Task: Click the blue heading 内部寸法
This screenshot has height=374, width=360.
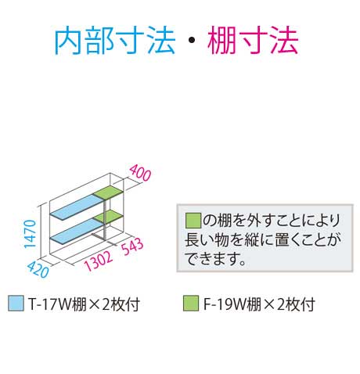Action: (114, 41)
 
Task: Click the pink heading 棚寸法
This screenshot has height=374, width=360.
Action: (253, 41)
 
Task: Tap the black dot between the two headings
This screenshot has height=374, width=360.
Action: (191, 41)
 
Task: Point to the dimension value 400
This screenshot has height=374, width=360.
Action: (140, 172)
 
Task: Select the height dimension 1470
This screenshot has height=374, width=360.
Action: (30, 234)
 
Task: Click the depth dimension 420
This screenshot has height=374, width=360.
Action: (38, 269)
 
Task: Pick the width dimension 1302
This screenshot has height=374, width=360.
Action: (98, 261)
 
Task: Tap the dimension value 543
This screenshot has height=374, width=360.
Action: (132, 246)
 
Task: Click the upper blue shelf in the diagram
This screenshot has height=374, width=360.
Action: (77, 207)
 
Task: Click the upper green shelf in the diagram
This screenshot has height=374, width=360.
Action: (108, 192)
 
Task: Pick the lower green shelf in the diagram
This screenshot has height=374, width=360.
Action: (108, 216)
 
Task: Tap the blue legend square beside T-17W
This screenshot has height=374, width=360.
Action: (16, 303)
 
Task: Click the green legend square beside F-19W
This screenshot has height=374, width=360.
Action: (191, 303)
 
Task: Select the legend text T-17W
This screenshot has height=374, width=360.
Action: (49, 304)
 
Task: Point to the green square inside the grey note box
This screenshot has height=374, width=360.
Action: (193, 221)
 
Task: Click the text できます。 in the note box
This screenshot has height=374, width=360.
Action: (215, 258)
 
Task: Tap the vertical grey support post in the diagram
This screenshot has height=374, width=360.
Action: (104, 218)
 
